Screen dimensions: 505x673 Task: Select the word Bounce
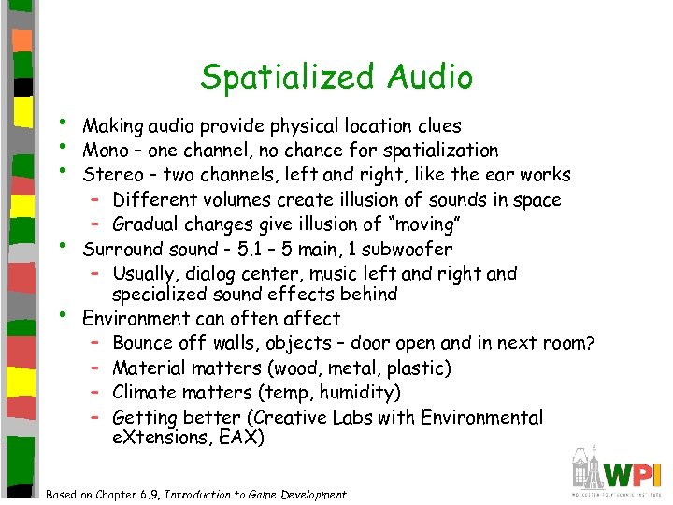pyautogui.click(x=142, y=343)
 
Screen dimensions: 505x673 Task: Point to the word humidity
pyautogui.click(x=365, y=393)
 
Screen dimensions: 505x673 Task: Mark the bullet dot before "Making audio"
pyautogui.click(x=62, y=123)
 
